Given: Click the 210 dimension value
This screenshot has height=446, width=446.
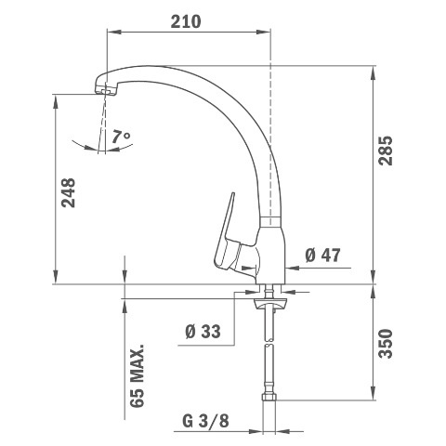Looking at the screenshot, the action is point(186,21).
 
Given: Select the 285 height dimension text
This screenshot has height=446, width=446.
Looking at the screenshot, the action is point(386,151).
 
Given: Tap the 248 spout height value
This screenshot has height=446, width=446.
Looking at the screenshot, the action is point(68,192).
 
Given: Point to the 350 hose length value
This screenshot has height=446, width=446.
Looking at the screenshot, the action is point(386,344).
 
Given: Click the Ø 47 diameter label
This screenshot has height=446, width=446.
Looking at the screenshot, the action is point(322,256).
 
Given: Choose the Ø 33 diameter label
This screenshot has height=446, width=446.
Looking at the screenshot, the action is point(203,331).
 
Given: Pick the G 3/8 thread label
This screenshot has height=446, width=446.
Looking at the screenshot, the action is point(205,421).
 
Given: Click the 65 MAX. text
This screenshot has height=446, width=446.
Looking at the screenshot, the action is point(138,375).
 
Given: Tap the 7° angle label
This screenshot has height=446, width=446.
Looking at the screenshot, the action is point(121,137).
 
